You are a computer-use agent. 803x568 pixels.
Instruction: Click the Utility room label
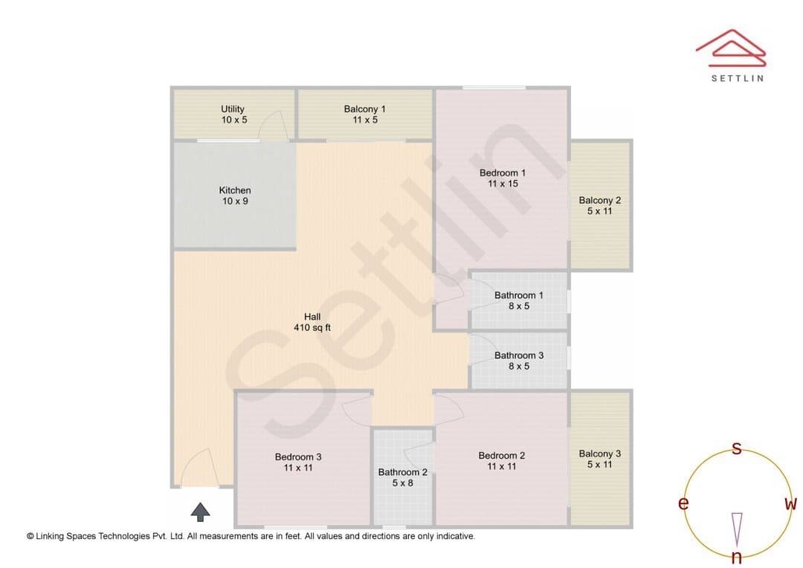234,114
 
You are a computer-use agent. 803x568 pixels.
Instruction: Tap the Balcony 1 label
364,114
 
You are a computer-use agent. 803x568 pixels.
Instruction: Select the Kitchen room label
235,196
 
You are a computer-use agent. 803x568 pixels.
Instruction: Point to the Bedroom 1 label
503,178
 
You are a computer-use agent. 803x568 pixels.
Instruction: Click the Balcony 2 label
600,205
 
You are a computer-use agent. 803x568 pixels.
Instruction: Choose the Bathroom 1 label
519,300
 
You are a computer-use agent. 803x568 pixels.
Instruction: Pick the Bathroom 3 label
519,361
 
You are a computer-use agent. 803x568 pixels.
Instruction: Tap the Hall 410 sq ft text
312,322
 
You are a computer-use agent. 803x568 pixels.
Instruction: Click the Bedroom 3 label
298,462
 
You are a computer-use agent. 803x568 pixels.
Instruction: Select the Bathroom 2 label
402,477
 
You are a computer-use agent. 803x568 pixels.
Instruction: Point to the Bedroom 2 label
501,460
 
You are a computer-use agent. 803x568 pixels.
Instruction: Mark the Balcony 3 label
600,459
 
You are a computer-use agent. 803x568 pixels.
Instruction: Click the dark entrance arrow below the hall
200,511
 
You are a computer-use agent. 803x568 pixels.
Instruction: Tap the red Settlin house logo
731,48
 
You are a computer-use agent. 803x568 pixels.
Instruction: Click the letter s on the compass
736,448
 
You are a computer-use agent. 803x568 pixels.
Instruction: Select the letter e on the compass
683,503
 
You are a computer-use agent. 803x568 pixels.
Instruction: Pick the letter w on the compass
790,503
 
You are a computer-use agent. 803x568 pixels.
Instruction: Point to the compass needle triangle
737,529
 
